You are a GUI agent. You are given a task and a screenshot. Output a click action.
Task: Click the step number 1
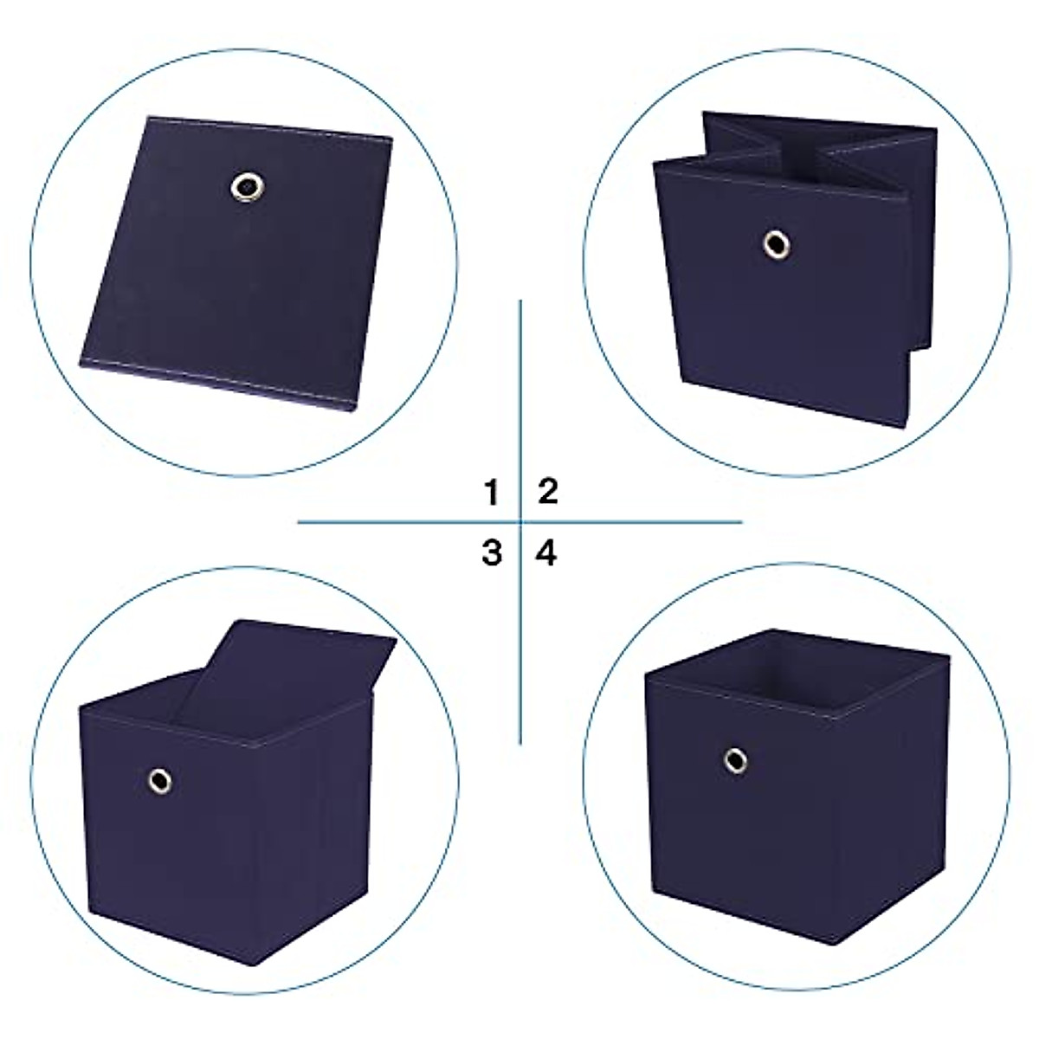492,493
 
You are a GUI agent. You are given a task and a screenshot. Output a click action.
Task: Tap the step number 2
548,491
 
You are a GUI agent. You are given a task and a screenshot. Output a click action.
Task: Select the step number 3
492,552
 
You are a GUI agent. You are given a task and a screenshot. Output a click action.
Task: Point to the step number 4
546,552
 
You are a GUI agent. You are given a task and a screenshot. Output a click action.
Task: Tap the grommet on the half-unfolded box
777,244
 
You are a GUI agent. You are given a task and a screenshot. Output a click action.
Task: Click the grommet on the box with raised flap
160,780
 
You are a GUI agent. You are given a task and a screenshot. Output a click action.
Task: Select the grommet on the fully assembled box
736,760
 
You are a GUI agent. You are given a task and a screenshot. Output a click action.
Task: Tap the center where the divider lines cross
520,522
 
